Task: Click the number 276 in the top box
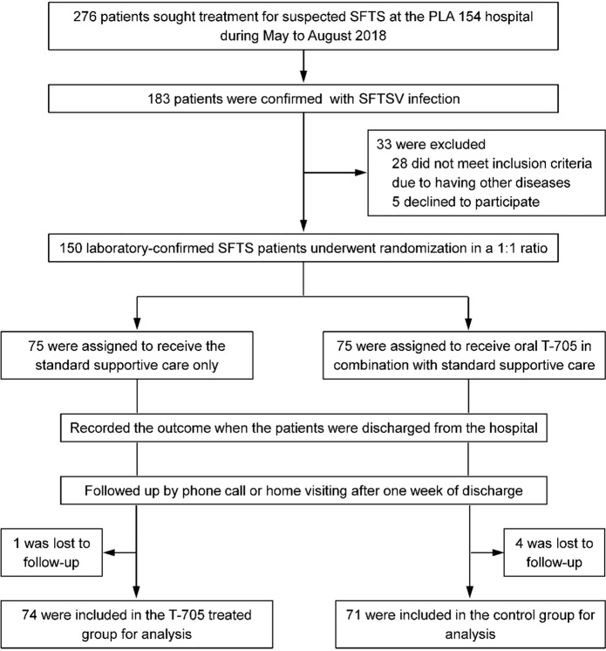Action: click(x=85, y=17)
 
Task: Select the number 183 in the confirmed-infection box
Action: click(x=159, y=99)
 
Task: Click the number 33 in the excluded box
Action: click(x=384, y=144)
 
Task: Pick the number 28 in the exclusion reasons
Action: click(x=399, y=163)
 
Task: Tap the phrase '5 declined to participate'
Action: click(x=466, y=202)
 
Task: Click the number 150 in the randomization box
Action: click(x=71, y=249)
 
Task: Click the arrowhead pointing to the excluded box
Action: click(x=361, y=172)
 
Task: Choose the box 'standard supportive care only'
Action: click(x=127, y=355)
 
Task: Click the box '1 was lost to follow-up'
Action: click(x=51, y=552)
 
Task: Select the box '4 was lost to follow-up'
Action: click(x=555, y=552)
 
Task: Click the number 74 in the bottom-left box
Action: click(x=30, y=615)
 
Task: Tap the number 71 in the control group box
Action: click(x=353, y=615)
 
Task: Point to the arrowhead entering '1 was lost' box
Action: click(x=109, y=552)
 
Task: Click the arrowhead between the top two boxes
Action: click(x=303, y=77)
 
